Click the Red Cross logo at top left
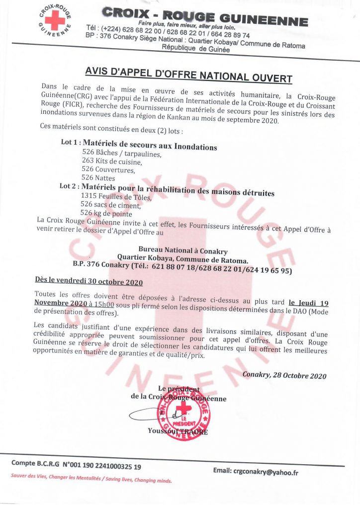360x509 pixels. pyautogui.click(x=55, y=20)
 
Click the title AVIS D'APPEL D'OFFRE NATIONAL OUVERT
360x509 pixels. pyautogui.click(x=188, y=73)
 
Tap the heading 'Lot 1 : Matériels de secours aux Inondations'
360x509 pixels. pyautogui.click(x=139, y=145)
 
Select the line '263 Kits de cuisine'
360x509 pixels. pyautogui.click(x=112, y=162)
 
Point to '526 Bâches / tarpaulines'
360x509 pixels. pyautogui.click(x=122, y=154)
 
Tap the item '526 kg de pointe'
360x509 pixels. pyautogui.click(x=106, y=213)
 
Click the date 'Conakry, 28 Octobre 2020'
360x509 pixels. pyautogui.click(x=284, y=375)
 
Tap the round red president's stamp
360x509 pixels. pyautogui.click(x=183, y=413)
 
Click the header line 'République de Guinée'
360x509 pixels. pyautogui.click(x=196, y=50)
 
